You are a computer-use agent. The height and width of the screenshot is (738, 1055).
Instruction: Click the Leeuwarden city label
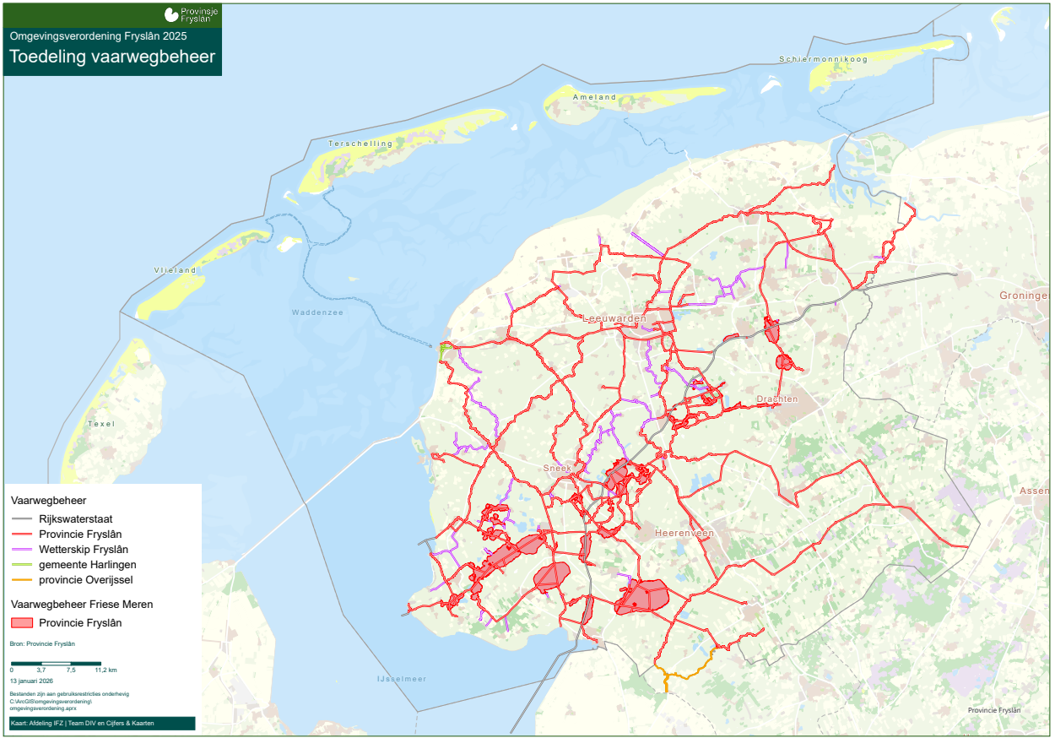614,318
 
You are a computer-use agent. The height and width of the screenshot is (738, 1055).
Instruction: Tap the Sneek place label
557,467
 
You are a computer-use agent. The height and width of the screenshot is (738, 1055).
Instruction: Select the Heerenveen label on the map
684,534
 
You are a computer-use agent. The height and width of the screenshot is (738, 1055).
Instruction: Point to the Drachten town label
777,399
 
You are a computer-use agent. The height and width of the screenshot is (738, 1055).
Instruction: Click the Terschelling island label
361,144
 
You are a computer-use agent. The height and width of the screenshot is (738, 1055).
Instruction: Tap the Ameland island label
594,97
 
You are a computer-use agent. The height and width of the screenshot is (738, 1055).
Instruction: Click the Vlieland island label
176,270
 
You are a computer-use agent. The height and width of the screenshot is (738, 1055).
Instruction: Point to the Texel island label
100,423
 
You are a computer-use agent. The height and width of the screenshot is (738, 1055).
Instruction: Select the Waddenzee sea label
317,312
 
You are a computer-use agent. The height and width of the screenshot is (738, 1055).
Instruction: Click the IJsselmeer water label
402,679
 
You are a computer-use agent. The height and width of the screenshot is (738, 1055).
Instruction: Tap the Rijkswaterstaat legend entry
76,519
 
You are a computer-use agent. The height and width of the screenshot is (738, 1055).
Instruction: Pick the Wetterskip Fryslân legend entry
84,550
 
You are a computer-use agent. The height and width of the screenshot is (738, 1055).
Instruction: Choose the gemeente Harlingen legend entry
88,565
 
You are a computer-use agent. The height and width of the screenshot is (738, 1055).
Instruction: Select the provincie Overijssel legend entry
86,580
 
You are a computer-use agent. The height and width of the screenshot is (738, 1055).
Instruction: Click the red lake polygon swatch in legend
23,623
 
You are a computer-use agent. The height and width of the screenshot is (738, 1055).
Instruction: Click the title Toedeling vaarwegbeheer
112,57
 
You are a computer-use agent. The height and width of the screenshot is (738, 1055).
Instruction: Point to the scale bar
56,664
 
